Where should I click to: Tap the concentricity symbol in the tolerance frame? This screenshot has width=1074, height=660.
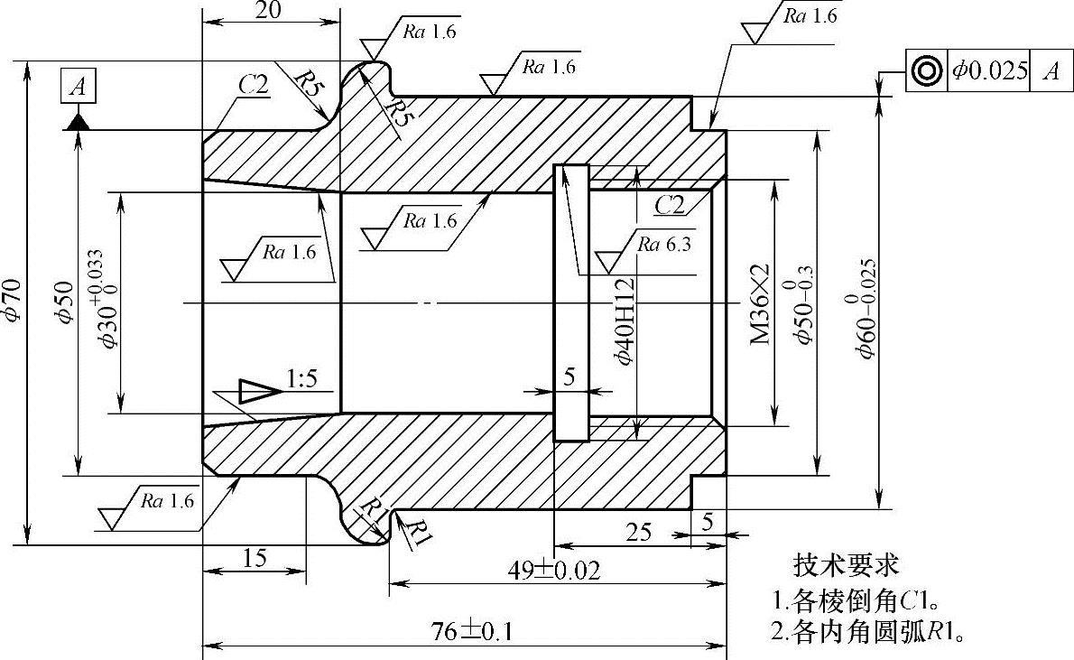926,71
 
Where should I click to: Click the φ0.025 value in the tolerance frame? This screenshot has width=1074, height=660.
989,71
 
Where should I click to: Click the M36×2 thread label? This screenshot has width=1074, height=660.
760,303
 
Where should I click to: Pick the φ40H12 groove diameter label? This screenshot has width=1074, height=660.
625,321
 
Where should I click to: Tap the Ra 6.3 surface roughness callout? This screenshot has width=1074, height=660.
664,244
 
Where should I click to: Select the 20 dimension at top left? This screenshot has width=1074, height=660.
269,10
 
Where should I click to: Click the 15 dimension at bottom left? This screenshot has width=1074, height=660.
255,558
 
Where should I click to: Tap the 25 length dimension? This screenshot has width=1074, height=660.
639,532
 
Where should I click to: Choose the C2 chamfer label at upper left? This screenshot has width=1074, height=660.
253,84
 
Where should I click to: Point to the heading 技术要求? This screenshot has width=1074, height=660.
846,565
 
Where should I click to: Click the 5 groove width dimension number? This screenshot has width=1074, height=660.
569,377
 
